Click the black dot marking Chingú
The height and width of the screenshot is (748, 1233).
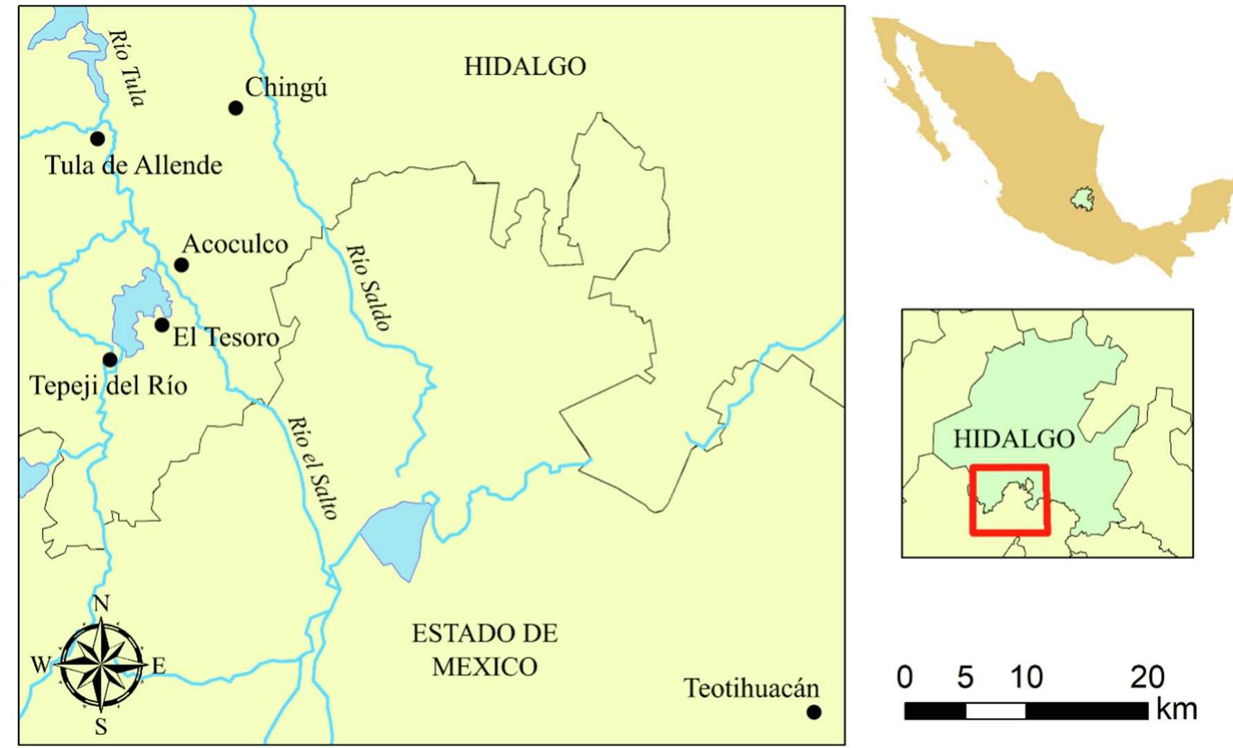click(x=235, y=108)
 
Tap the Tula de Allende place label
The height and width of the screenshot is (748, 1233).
click(x=133, y=166)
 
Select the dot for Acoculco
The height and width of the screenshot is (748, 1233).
click(x=181, y=265)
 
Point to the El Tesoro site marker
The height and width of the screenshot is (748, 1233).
click(x=162, y=324)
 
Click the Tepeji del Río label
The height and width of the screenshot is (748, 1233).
click(x=108, y=385)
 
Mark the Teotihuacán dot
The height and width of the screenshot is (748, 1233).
click(x=814, y=712)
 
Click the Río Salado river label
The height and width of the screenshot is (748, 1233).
click(x=369, y=287)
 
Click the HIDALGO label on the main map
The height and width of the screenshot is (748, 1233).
click(x=525, y=67)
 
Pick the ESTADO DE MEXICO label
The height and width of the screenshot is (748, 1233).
click(x=485, y=650)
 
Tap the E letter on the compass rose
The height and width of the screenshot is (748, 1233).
click(x=159, y=666)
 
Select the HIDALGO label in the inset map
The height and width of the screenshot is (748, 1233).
click(x=1013, y=439)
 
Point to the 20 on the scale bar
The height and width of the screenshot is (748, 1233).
click(x=1147, y=678)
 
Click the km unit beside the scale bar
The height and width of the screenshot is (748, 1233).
click(x=1176, y=710)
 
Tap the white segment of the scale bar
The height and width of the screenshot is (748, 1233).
click(x=995, y=711)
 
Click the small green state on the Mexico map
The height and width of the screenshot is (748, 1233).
click(x=1081, y=199)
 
